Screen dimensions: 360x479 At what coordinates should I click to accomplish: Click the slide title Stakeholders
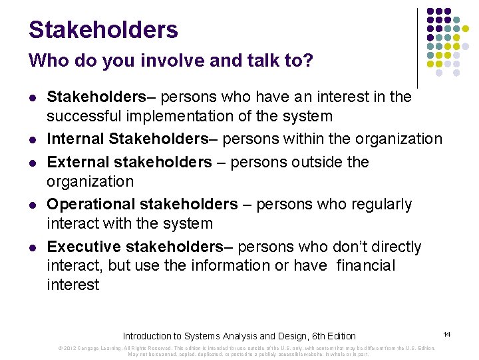[103, 29]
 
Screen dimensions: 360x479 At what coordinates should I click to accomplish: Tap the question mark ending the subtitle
[307, 61]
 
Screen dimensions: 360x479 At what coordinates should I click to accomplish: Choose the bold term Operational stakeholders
[142, 204]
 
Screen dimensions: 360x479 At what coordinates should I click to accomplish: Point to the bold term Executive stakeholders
[135, 247]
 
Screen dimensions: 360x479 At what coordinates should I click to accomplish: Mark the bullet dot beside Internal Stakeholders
[31, 139]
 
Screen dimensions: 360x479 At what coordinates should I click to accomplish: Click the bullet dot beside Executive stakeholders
[31, 247]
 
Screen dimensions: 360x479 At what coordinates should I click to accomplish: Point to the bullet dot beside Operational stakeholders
[31, 205]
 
